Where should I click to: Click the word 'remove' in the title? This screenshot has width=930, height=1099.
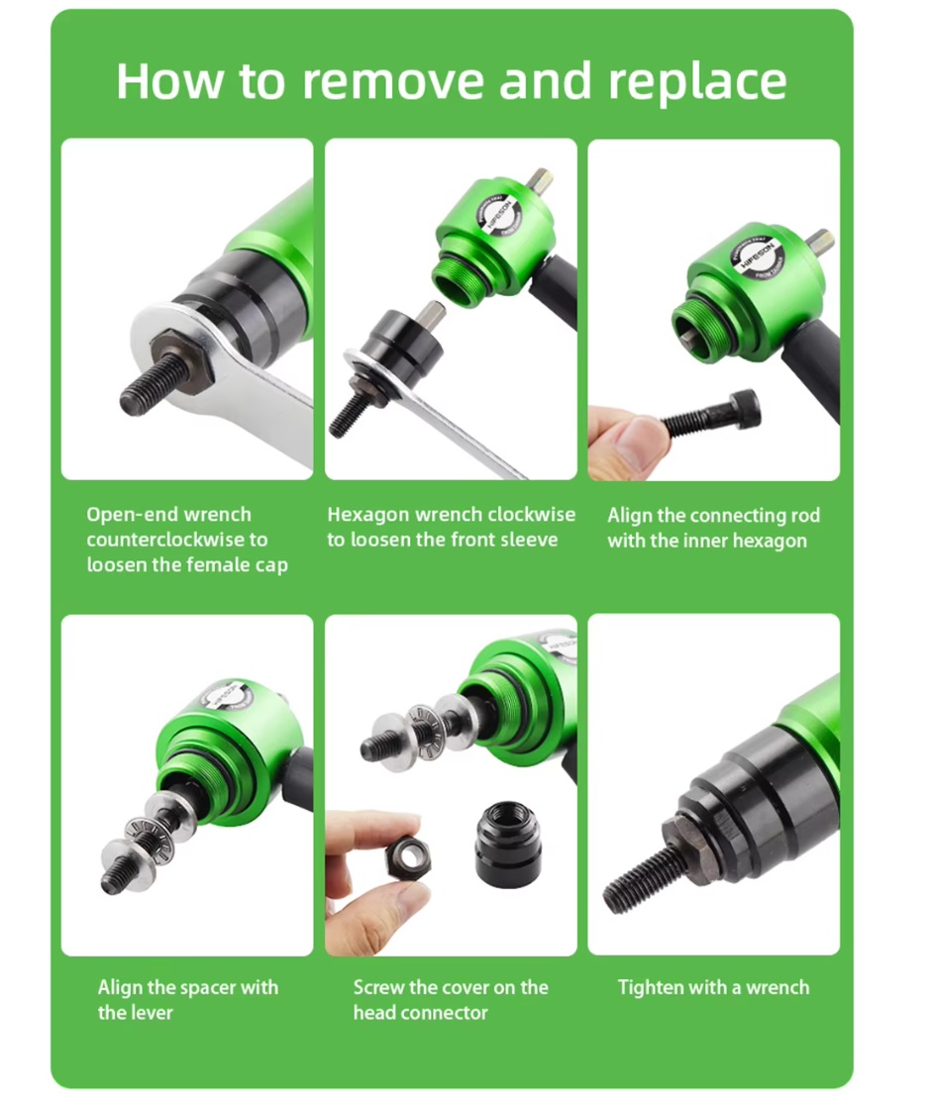click(393, 80)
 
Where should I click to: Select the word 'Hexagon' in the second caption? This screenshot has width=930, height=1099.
click(368, 515)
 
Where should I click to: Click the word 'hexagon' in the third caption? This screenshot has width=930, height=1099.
click(770, 542)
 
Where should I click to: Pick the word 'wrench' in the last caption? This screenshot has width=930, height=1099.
click(777, 987)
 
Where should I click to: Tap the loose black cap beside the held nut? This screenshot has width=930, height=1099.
click(508, 846)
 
